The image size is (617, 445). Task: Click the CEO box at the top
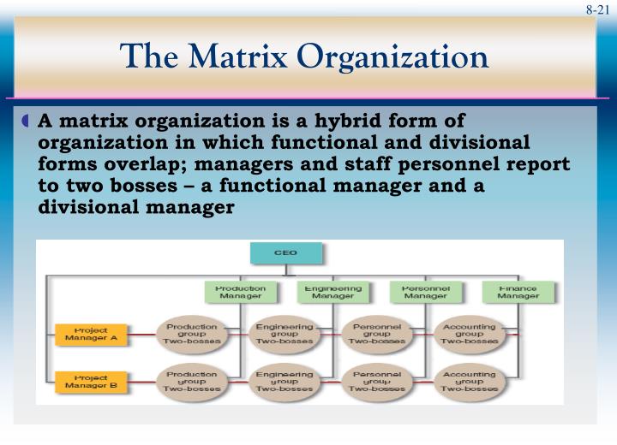[x=286, y=253]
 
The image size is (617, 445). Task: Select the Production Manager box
[x=240, y=293]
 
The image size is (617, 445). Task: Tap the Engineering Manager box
[x=333, y=293]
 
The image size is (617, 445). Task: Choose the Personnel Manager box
[x=424, y=293]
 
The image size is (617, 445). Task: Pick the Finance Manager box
[x=518, y=293]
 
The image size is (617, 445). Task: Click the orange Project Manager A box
[x=90, y=334]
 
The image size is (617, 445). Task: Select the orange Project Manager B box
[x=90, y=381]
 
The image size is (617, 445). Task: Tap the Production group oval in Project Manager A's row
[x=191, y=333]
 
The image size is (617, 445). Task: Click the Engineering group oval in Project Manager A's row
[x=283, y=333]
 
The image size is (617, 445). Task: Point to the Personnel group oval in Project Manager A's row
[x=376, y=333]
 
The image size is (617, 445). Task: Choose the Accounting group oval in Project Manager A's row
[x=469, y=333]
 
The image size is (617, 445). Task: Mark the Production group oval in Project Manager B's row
[x=191, y=381]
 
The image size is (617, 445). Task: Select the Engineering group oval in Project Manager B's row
[x=283, y=381]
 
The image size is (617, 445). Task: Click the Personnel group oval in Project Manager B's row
[x=376, y=381]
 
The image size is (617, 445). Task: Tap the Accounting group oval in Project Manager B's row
[x=469, y=381]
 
